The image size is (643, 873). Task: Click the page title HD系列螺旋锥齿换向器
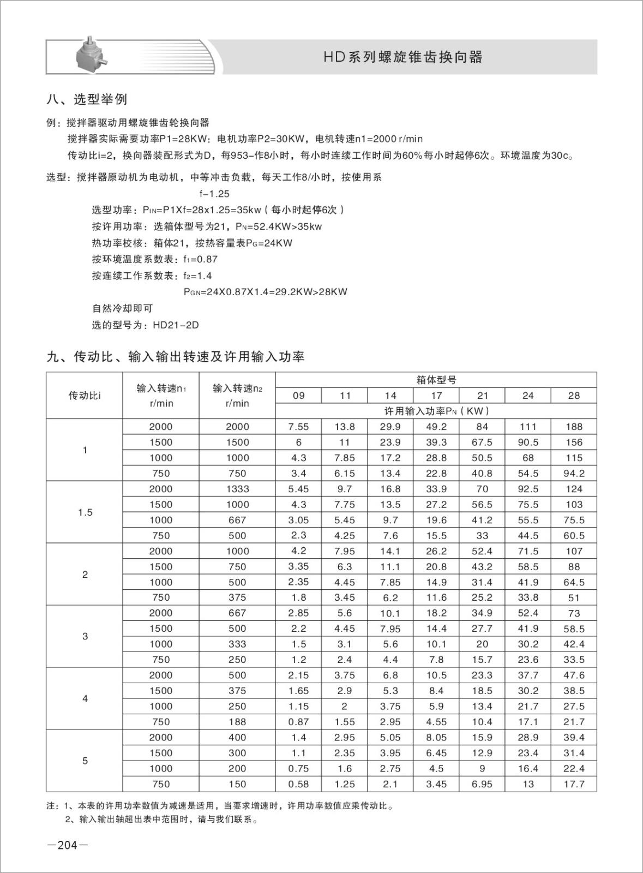(403, 57)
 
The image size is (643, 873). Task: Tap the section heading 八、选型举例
(87, 99)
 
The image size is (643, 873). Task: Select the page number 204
(67, 845)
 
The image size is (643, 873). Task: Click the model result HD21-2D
(176, 325)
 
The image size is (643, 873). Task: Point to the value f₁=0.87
(200, 259)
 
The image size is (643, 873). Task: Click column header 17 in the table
(436, 396)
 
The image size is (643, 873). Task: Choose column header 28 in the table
(574, 396)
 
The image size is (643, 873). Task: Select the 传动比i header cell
(85, 396)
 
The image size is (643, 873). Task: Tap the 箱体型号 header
(436, 380)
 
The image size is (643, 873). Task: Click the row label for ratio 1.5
(85, 512)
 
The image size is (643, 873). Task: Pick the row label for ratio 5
(85, 761)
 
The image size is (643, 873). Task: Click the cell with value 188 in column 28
(574, 427)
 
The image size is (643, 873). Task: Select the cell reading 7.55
(298, 427)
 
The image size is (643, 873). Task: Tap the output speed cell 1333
(237, 489)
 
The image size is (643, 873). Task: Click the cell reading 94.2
(574, 474)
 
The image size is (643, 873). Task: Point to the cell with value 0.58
(298, 784)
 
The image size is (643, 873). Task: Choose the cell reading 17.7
(574, 784)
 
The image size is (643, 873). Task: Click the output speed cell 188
(237, 722)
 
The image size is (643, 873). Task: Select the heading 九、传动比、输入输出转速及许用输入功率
(176, 357)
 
